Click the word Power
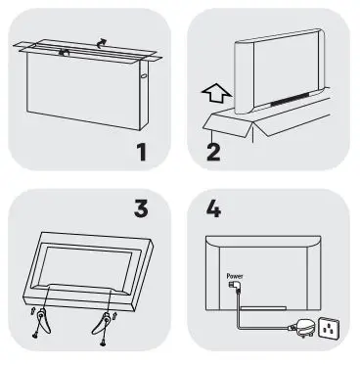[236, 276]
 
